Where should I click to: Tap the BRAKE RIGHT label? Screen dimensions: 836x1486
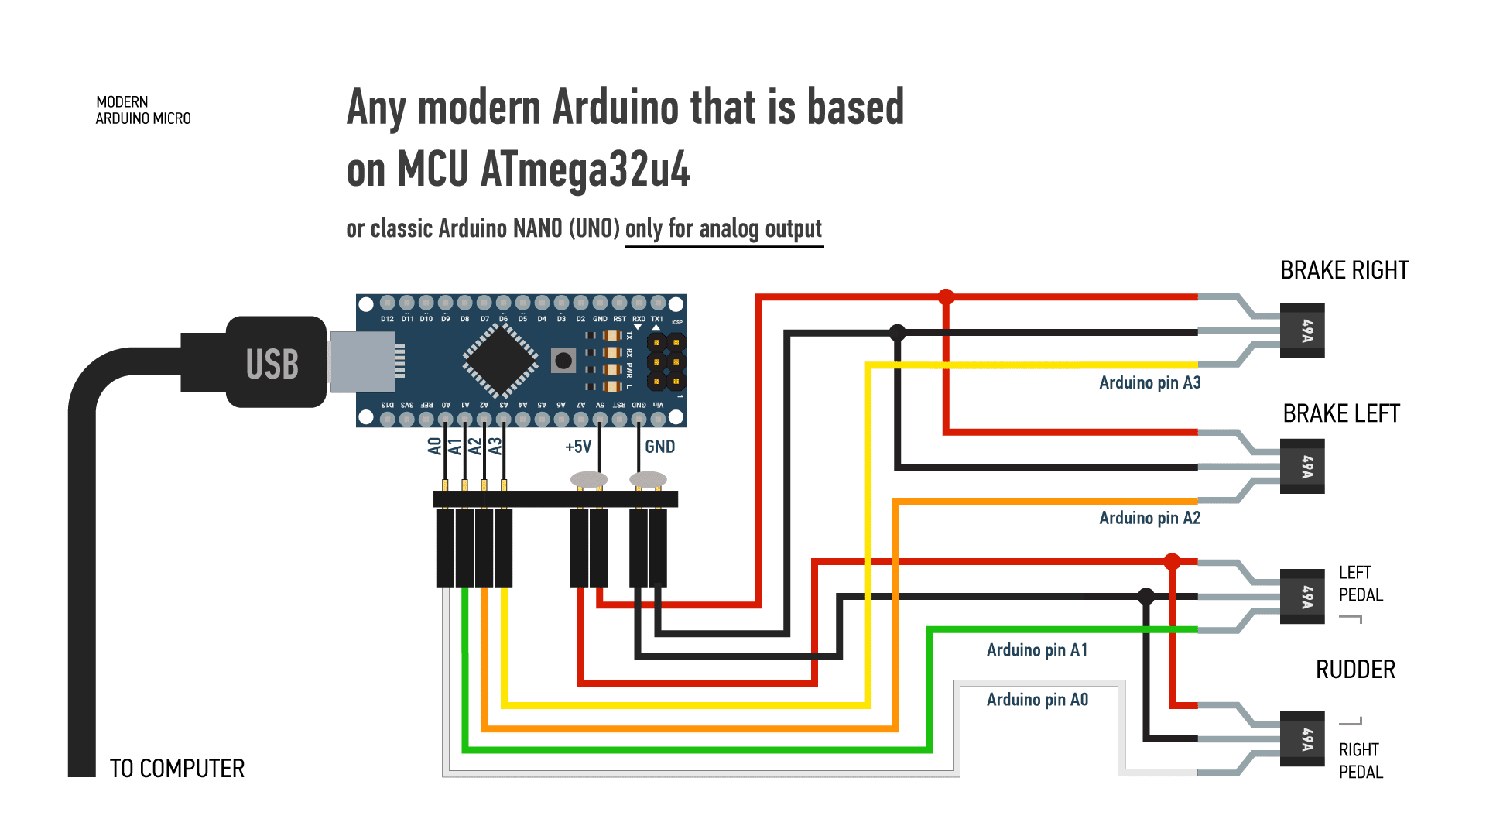click(1344, 270)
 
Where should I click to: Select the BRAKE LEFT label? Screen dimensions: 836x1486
click(1340, 413)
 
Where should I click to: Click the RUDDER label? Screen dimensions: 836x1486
click(1355, 670)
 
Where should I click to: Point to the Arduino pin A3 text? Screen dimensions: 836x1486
click(1149, 382)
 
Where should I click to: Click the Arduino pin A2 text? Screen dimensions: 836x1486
click(1149, 518)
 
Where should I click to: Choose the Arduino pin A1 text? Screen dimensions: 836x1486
click(1036, 650)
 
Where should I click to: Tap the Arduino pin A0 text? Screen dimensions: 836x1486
click(1036, 700)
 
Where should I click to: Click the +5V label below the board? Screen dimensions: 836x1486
click(578, 447)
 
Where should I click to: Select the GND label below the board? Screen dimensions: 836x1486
click(659, 447)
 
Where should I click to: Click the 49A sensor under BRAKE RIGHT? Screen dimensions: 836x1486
click(1303, 331)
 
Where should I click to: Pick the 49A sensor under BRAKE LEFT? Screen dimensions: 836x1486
click(1303, 466)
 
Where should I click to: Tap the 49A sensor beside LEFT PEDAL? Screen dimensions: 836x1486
click(1303, 596)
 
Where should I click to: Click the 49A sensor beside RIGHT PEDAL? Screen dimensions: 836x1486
click(1303, 738)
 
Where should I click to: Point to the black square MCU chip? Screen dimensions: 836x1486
click(501, 360)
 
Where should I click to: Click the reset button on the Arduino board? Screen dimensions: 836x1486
click(563, 360)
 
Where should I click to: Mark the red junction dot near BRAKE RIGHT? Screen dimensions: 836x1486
click(946, 296)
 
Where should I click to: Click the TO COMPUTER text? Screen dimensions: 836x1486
click(177, 769)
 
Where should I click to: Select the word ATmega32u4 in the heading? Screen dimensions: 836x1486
click(584, 169)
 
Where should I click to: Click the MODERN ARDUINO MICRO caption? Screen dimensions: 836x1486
click(143, 110)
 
